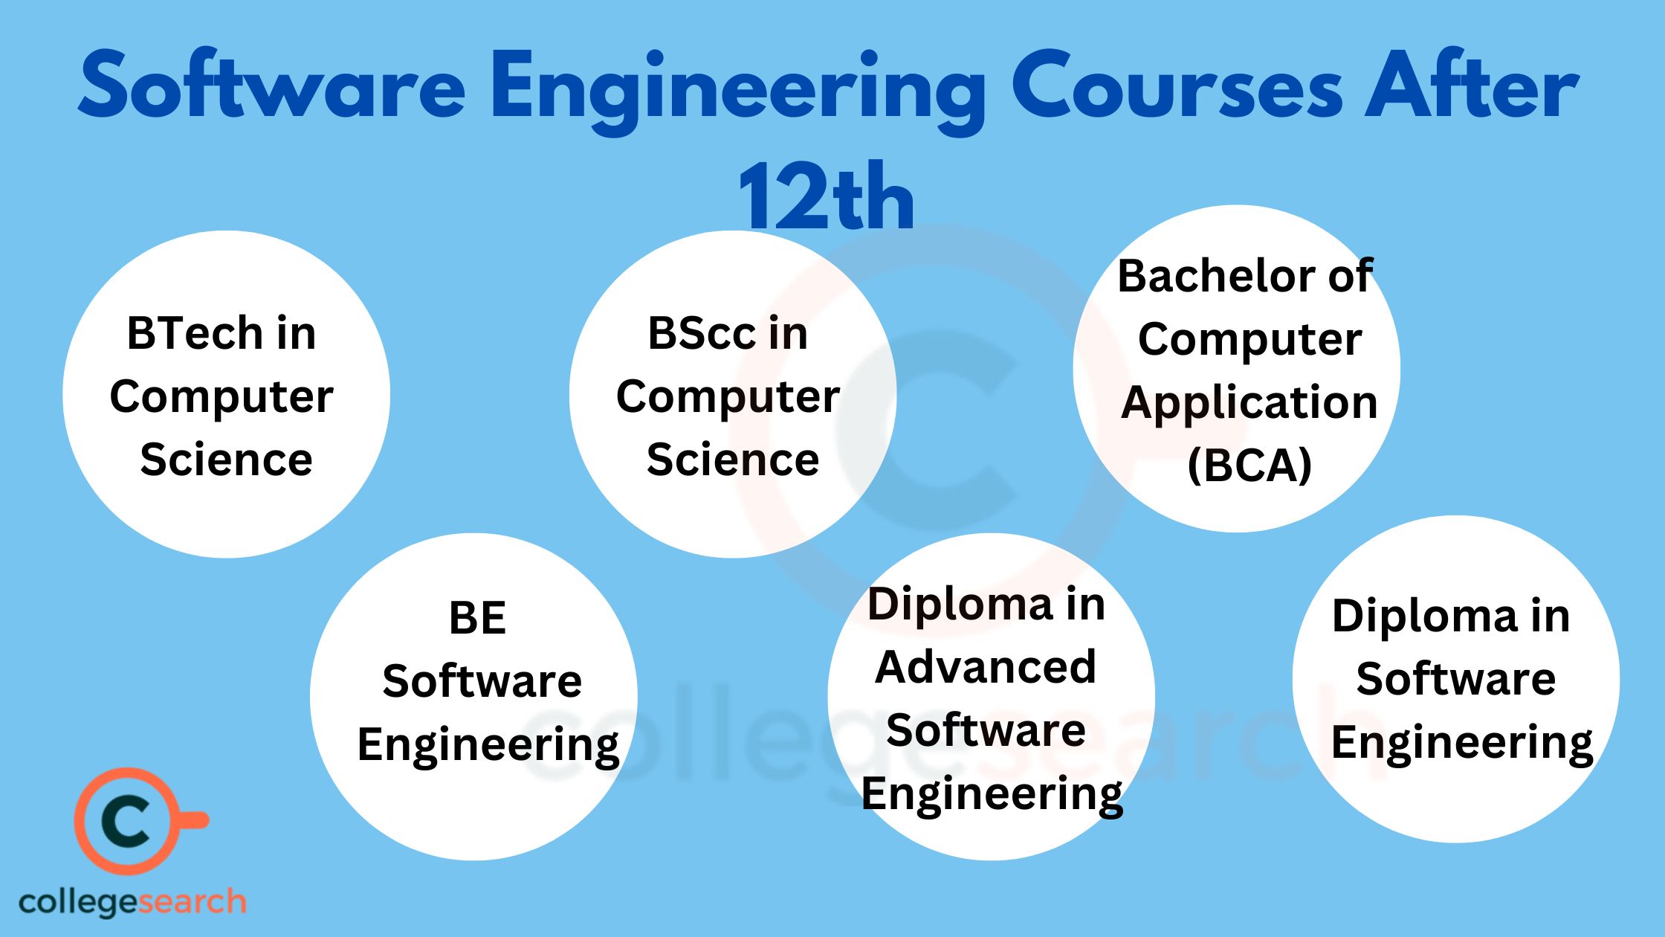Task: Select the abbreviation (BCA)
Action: [x=1249, y=466]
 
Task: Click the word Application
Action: [x=1249, y=403]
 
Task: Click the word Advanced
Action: [x=986, y=666]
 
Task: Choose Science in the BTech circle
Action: [x=226, y=459]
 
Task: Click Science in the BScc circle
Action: [x=733, y=459]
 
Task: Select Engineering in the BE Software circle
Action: [x=488, y=744]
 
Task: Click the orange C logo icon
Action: [x=128, y=821]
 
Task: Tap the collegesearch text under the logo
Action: [x=132, y=902]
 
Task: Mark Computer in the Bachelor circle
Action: [x=1249, y=340]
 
